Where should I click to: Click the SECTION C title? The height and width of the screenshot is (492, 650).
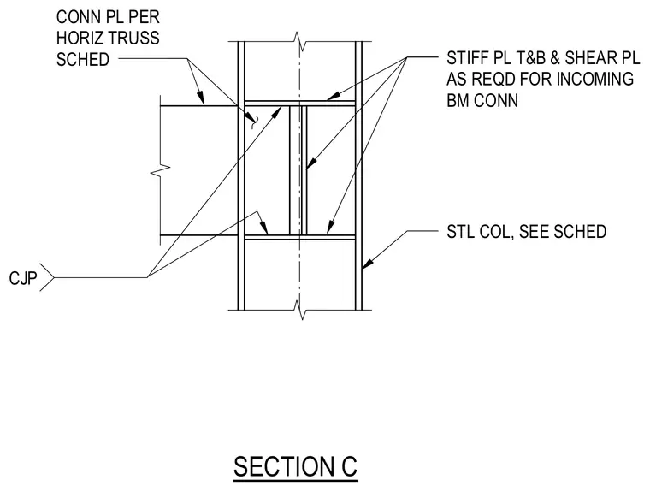click(295, 466)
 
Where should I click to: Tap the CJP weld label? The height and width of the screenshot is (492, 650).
click(23, 278)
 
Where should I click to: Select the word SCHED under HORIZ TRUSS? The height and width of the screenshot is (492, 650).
click(83, 59)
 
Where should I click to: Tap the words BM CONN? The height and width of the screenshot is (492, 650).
click(482, 100)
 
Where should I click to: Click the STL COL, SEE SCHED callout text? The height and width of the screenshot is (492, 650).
click(527, 232)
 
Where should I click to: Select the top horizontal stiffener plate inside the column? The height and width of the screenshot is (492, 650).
click(299, 104)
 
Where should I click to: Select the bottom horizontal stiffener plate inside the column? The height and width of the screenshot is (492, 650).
click(299, 237)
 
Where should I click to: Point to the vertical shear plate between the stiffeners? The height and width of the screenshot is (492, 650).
click(298, 170)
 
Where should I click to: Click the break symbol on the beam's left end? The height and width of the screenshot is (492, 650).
click(161, 170)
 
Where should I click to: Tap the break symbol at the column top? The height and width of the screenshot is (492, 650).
click(300, 42)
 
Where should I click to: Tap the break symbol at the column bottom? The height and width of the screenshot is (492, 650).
click(300, 310)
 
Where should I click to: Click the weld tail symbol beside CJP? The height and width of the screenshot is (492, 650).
click(47, 277)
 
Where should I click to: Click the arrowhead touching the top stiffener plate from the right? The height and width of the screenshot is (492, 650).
click(333, 96)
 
